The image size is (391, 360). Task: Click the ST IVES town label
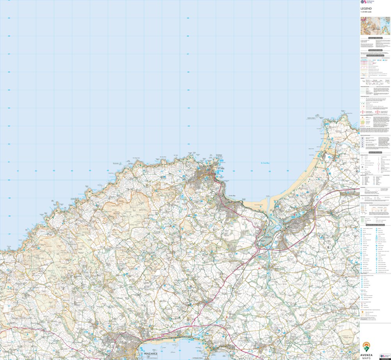click(221, 169)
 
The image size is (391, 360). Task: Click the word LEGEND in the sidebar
click(366, 8)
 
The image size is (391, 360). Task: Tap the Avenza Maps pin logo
click(367, 346)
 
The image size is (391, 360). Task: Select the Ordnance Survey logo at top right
click(367, 2)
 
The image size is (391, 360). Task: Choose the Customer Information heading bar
click(375, 38)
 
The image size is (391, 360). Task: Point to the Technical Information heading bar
click(375, 50)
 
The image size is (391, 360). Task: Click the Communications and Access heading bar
click(375, 56)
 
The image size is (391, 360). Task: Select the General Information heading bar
click(375, 153)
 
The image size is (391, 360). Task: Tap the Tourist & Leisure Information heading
click(375, 225)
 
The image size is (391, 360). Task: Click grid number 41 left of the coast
click(18, 171)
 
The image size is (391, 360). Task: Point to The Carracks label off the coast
click(116, 163)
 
